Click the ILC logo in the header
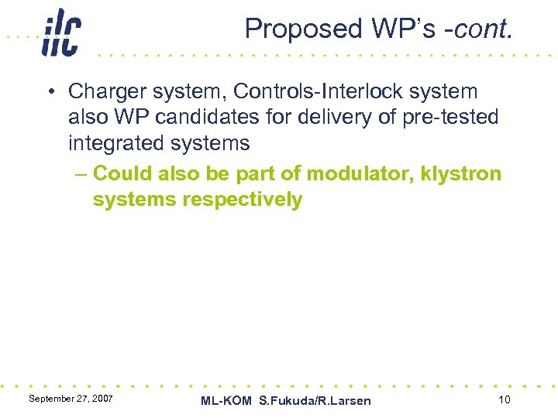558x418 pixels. [x=60, y=33]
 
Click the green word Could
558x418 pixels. [x=119, y=173]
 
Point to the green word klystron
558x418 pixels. [x=462, y=173]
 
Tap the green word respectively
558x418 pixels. [x=243, y=200]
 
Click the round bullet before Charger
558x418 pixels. [x=50, y=92]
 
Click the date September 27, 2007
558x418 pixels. [x=71, y=398]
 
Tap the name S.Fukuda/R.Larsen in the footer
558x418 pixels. [x=315, y=400]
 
